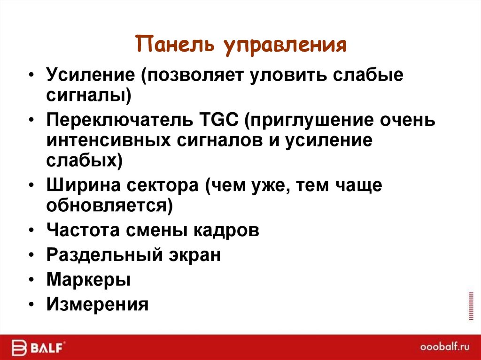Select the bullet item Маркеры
(x=88, y=280)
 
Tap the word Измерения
(x=97, y=305)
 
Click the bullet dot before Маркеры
(x=31, y=280)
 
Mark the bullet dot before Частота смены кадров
(x=31, y=231)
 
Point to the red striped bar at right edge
(x=471, y=306)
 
